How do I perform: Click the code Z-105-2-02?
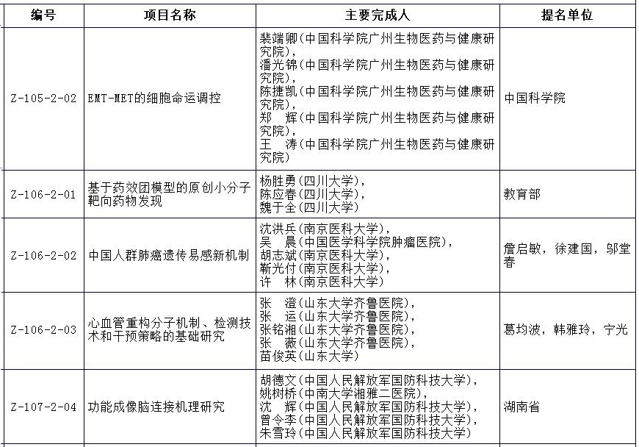pyautogui.click(x=43, y=99)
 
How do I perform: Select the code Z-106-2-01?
pyautogui.click(x=43, y=195)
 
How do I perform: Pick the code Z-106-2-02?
pyautogui.click(x=43, y=256)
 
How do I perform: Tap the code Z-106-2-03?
pyautogui.click(x=43, y=330)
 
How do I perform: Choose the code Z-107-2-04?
pyautogui.click(x=43, y=407)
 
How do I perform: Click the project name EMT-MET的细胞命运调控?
pyautogui.click(x=154, y=99)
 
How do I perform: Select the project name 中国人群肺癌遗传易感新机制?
pyautogui.click(x=168, y=256)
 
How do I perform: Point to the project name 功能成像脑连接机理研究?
pyautogui.click(x=156, y=407)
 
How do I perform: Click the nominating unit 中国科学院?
pyautogui.click(x=534, y=99)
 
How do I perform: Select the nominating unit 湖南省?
pyautogui.click(x=521, y=407)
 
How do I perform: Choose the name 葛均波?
pyautogui.click(x=521, y=330)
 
